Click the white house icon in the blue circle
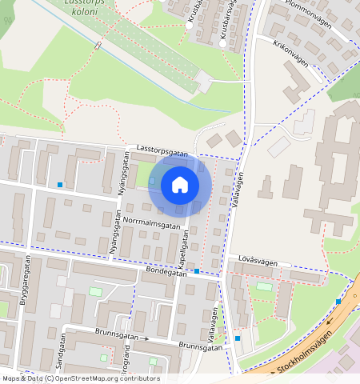pyautogui.click(x=180, y=185)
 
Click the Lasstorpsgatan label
pyautogui.click(x=162, y=150)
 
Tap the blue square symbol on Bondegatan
pyautogui.click(x=197, y=272)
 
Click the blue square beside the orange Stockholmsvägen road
pyautogui.click(x=338, y=302)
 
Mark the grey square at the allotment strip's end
pyautogui.click(x=203, y=81)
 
